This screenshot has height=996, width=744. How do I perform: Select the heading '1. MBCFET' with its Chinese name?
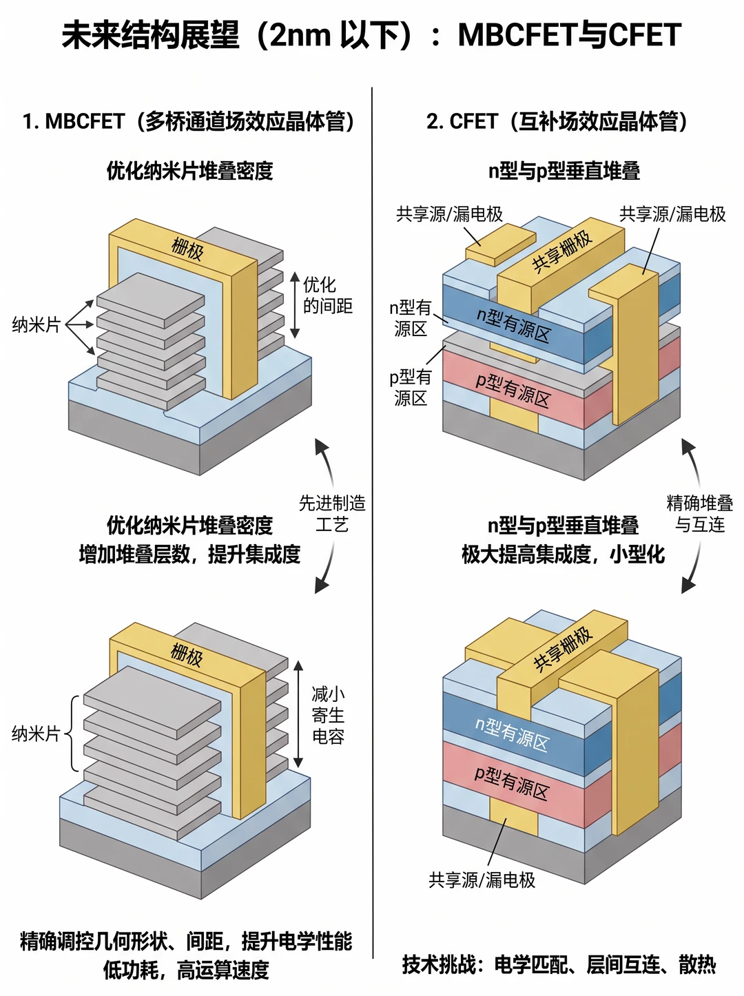(x=188, y=122)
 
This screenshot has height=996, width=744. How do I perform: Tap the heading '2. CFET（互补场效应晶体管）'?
(x=557, y=122)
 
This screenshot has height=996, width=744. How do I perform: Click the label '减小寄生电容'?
(x=328, y=715)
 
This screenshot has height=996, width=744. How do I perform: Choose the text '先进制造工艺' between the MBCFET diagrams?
(x=332, y=514)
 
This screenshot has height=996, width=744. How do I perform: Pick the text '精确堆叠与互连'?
(x=699, y=514)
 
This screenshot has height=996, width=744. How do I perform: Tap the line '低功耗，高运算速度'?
(x=187, y=970)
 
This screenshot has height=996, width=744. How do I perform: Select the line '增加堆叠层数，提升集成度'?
(x=189, y=554)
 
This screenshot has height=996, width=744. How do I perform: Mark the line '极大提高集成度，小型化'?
(x=563, y=554)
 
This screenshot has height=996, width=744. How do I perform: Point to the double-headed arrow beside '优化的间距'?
(x=295, y=305)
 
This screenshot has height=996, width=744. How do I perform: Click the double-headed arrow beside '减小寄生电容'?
(x=298, y=714)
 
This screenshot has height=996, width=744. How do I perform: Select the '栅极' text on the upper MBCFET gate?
(x=187, y=249)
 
